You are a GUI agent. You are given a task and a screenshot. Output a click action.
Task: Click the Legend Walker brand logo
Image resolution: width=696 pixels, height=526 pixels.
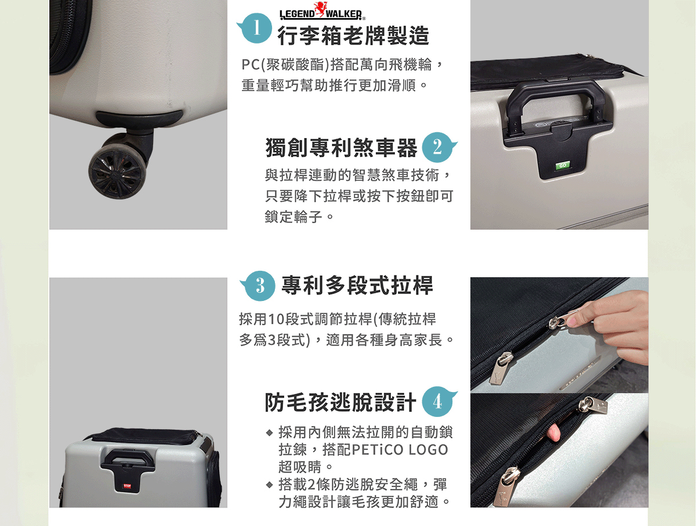[x=322, y=11]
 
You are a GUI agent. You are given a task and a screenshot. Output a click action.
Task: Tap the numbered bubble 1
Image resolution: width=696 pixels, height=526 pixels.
[x=256, y=28]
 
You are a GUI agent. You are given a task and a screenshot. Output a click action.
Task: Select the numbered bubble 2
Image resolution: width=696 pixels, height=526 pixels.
[x=438, y=147]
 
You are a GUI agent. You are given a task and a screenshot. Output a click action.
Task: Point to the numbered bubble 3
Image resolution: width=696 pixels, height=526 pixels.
[x=259, y=286]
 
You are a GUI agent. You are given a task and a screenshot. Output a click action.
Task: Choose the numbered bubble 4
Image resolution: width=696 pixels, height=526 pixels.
[x=438, y=401]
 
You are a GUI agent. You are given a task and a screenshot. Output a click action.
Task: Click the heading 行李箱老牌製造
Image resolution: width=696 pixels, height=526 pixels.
[x=353, y=35]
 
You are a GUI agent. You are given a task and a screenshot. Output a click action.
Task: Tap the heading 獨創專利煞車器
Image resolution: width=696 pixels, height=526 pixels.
[x=341, y=148]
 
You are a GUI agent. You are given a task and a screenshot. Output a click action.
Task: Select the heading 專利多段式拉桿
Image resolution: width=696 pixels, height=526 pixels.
[x=357, y=285]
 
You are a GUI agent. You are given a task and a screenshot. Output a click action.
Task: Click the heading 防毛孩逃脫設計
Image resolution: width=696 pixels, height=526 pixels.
[x=340, y=402]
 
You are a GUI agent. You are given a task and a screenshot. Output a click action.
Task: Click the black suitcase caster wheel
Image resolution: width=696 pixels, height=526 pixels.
[x=118, y=173]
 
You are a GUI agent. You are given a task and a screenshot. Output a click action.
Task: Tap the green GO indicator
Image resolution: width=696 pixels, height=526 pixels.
[x=563, y=165]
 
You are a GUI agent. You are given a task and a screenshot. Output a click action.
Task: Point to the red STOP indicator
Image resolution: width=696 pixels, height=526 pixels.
[x=127, y=486]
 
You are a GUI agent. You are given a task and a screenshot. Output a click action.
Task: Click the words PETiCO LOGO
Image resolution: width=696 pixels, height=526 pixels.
[x=400, y=449]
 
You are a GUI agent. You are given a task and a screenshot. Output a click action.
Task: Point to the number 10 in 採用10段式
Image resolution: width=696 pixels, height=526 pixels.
[x=276, y=319]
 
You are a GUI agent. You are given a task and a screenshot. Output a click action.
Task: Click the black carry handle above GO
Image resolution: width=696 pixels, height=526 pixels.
[x=556, y=104]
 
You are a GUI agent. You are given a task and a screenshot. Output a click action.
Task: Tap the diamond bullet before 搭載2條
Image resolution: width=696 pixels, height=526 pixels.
[x=270, y=484]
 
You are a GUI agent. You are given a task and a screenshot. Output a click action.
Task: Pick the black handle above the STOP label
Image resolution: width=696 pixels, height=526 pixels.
[x=128, y=458]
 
